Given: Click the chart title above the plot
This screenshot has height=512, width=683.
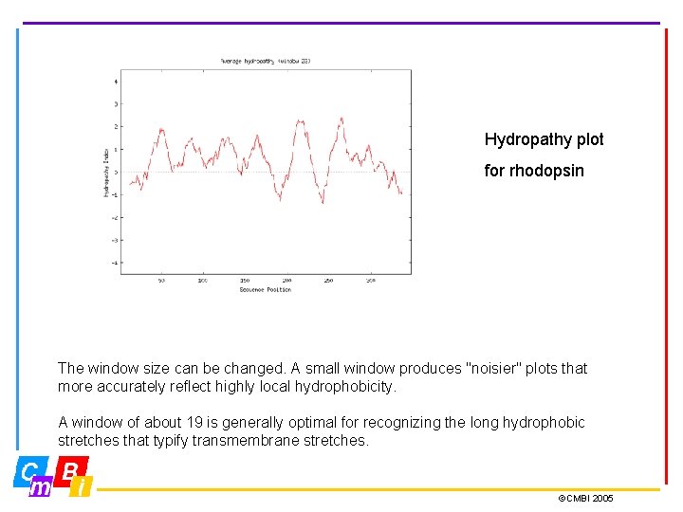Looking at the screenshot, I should (266, 61).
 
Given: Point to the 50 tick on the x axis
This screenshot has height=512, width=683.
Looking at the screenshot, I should (161, 281).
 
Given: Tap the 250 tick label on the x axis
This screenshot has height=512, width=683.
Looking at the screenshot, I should (328, 281).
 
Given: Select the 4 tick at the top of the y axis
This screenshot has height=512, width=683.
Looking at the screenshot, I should (116, 81).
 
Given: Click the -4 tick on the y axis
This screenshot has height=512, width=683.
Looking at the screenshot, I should (115, 263).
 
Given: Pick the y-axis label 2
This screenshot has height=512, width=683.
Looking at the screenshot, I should (116, 126).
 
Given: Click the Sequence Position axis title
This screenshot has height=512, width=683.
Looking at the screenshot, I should (266, 289).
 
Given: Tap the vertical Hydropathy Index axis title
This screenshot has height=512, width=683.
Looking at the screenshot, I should (106, 172).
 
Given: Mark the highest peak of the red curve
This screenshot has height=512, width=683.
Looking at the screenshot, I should (341, 119).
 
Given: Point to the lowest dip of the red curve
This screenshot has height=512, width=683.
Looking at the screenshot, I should (323, 203).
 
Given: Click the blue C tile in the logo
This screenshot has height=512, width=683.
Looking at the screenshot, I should (29, 470).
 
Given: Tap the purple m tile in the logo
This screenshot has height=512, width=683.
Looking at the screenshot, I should (41, 487).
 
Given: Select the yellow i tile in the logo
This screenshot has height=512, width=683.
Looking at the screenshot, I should (82, 487).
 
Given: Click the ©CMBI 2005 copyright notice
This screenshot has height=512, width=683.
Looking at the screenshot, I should (585, 499).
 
